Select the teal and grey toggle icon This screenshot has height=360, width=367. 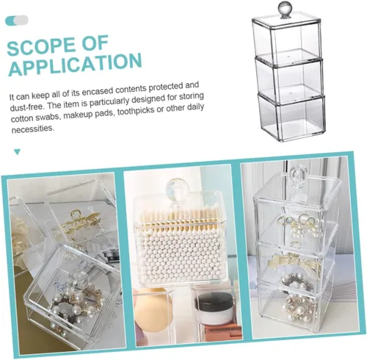[x=17, y=21]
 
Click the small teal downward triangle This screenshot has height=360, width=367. [x=17, y=152]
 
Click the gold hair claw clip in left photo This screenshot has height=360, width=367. [x=79, y=222]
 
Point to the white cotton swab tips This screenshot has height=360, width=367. [x=180, y=253]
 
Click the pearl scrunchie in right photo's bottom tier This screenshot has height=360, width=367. [x=299, y=306]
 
